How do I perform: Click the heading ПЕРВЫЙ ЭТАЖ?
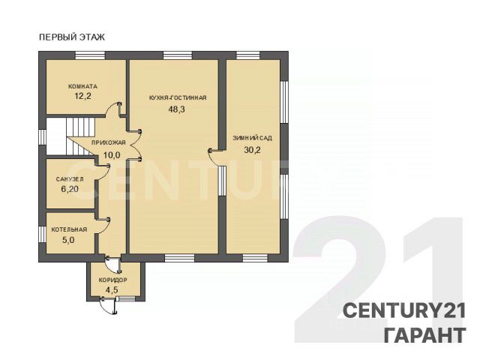point(72,37)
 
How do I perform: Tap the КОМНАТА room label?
point(82,86)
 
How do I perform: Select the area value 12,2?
point(83,97)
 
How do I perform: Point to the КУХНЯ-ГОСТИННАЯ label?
point(178,98)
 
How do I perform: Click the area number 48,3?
point(177,109)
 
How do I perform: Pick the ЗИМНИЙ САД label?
point(252,138)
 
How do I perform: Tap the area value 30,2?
point(252,150)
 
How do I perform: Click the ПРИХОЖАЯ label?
point(109,142)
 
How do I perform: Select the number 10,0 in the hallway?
point(112,155)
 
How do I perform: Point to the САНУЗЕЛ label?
point(70,179)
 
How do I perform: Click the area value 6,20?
point(70,189)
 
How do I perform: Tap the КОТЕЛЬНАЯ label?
point(69,229)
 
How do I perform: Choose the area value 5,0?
point(68,240)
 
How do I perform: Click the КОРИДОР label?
point(112,280)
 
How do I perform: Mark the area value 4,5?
point(112,290)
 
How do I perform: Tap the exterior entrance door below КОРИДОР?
point(108,305)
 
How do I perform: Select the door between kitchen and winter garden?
point(216,157)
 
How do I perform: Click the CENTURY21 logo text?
point(404,310)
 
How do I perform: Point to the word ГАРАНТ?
point(425,335)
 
